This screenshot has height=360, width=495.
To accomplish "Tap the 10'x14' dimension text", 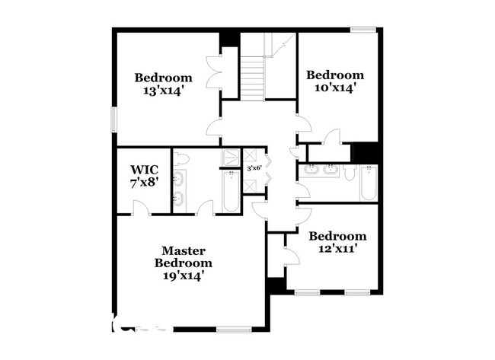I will [334, 88].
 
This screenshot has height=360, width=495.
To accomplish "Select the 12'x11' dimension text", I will [337, 249].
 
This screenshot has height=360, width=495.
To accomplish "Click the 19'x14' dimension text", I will [183, 276].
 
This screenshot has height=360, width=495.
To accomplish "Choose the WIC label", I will [143, 169].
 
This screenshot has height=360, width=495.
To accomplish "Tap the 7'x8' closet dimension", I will [143, 183].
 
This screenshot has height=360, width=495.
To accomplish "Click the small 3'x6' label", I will [254, 168].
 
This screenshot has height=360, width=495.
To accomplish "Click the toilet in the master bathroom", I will [181, 158].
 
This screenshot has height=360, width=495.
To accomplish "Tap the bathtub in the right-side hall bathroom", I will [368, 183].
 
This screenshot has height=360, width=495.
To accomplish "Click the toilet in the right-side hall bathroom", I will [349, 174].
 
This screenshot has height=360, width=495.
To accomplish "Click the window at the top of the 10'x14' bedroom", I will [362, 30].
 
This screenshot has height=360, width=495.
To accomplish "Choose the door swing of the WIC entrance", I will [139, 207].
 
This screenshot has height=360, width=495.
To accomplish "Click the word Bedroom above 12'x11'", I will [337, 236].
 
